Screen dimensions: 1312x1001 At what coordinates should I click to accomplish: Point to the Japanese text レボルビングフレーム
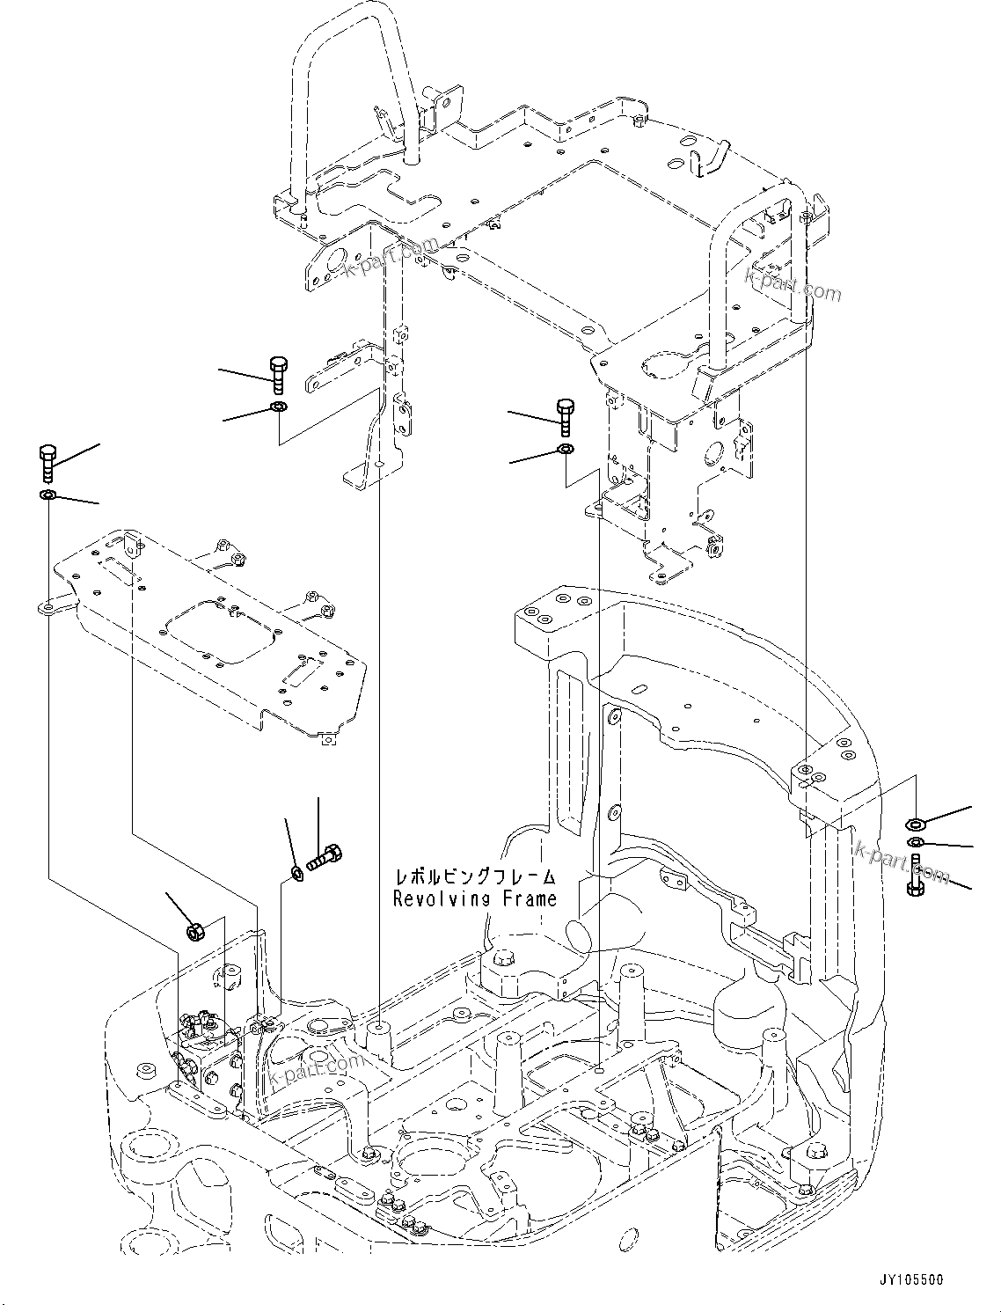click(475, 877)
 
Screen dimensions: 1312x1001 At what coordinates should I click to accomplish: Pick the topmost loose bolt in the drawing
click(276, 375)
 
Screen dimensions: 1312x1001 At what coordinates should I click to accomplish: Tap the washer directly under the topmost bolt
click(278, 407)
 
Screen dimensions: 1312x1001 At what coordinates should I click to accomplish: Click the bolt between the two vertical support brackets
click(565, 415)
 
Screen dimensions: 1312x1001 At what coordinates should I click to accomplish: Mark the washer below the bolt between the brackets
click(566, 450)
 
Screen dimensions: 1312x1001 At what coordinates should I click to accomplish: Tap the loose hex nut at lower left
click(197, 930)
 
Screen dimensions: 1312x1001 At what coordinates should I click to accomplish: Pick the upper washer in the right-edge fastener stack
click(916, 824)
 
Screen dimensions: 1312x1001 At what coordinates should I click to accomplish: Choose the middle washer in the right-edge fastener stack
click(917, 845)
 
